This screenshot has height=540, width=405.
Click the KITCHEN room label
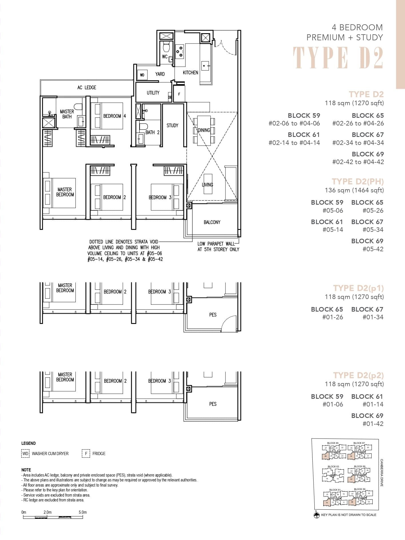click(x=190, y=73)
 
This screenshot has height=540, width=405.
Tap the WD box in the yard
click(x=142, y=75)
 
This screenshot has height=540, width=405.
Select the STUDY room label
click(x=172, y=125)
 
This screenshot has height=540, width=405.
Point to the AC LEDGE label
click(x=87, y=87)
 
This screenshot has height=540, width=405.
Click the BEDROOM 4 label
click(x=114, y=116)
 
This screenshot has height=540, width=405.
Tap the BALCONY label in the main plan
click(x=212, y=222)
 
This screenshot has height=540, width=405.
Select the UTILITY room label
click(x=153, y=93)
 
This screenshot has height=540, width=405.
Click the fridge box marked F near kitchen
click(x=179, y=94)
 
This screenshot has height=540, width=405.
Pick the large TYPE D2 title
click(x=338, y=58)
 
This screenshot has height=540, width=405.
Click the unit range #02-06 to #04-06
click(x=294, y=123)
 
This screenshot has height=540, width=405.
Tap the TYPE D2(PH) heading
click(x=358, y=182)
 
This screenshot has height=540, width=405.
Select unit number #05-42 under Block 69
click(x=373, y=249)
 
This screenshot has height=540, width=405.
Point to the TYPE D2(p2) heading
click(x=358, y=375)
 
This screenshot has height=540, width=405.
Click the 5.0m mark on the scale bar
click(x=83, y=512)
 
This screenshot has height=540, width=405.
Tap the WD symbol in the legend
click(x=25, y=453)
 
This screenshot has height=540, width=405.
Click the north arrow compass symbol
click(x=316, y=515)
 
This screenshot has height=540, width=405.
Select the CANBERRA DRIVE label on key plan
click(x=382, y=473)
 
